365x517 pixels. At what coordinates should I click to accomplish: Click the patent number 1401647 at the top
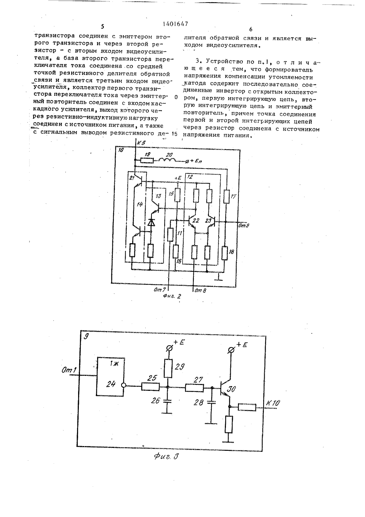pyautogui.click(x=175, y=23)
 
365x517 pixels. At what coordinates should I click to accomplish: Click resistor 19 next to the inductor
pyautogui.click(x=147, y=160)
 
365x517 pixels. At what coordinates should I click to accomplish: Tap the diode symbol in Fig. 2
pyautogui.click(x=151, y=222)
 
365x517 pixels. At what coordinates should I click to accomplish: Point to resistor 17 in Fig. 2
pyautogui.click(x=226, y=197)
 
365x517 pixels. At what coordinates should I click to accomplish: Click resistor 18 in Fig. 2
pyautogui.click(x=224, y=253)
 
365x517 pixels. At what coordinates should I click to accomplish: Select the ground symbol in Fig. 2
pyautogui.click(x=219, y=278)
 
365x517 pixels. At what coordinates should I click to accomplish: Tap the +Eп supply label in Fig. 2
pyautogui.click(x=196, y=161)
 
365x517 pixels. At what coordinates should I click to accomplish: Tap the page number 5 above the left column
pyautogui.click(x=103, y=26)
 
